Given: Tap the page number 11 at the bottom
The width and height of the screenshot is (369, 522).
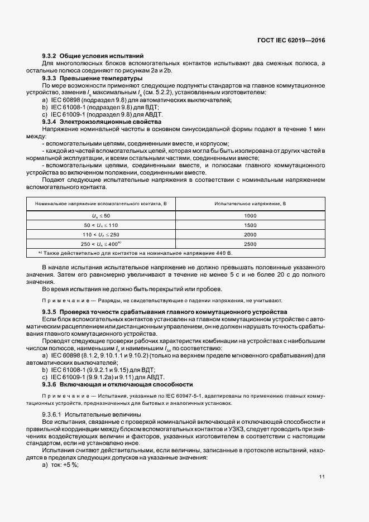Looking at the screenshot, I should click(x=322, y=477).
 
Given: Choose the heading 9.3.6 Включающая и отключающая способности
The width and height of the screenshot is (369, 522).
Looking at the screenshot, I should click(x=117, y=384).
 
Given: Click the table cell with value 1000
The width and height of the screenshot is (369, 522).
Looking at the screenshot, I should click(x=250, y=215).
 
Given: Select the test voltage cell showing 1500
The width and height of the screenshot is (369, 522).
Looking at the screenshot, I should click(x=250, y=225).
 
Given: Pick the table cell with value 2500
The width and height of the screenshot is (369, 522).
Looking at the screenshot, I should click(x=250, y=244).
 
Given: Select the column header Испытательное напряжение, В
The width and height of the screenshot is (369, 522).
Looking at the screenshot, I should click(x=250, y=204).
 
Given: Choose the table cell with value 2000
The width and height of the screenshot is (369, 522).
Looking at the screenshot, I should click(x=250, y=234).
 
